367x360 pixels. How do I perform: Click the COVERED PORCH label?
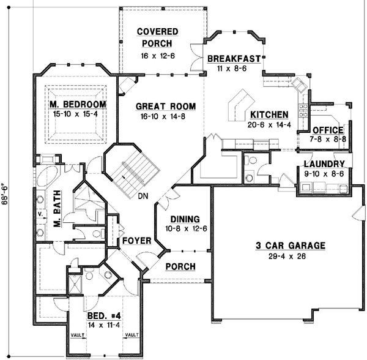[x=157, y=37]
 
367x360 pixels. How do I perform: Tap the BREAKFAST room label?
[x=235, y=59]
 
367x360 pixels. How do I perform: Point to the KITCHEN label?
[x=269, y=114]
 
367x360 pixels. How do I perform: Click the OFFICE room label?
[x=328, y=130]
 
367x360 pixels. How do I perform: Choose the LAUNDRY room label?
[x=324, y=164]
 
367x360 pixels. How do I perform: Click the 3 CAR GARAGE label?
[x=290, y=246]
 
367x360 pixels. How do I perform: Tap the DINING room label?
[x=183, y=219]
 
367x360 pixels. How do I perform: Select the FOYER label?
[x=136, y=241]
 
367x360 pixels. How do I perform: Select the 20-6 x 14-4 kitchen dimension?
[x=270, y=125]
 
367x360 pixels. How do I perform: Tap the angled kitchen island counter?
[x=240, y=105]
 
